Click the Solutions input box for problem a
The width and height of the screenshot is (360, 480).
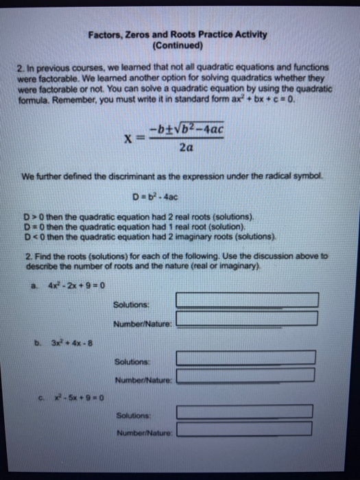pos(247,300)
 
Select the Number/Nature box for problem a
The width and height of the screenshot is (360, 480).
pos(247,319)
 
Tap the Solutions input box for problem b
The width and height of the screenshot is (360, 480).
pos(245,358)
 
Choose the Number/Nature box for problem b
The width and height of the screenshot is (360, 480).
pos(245,376)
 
